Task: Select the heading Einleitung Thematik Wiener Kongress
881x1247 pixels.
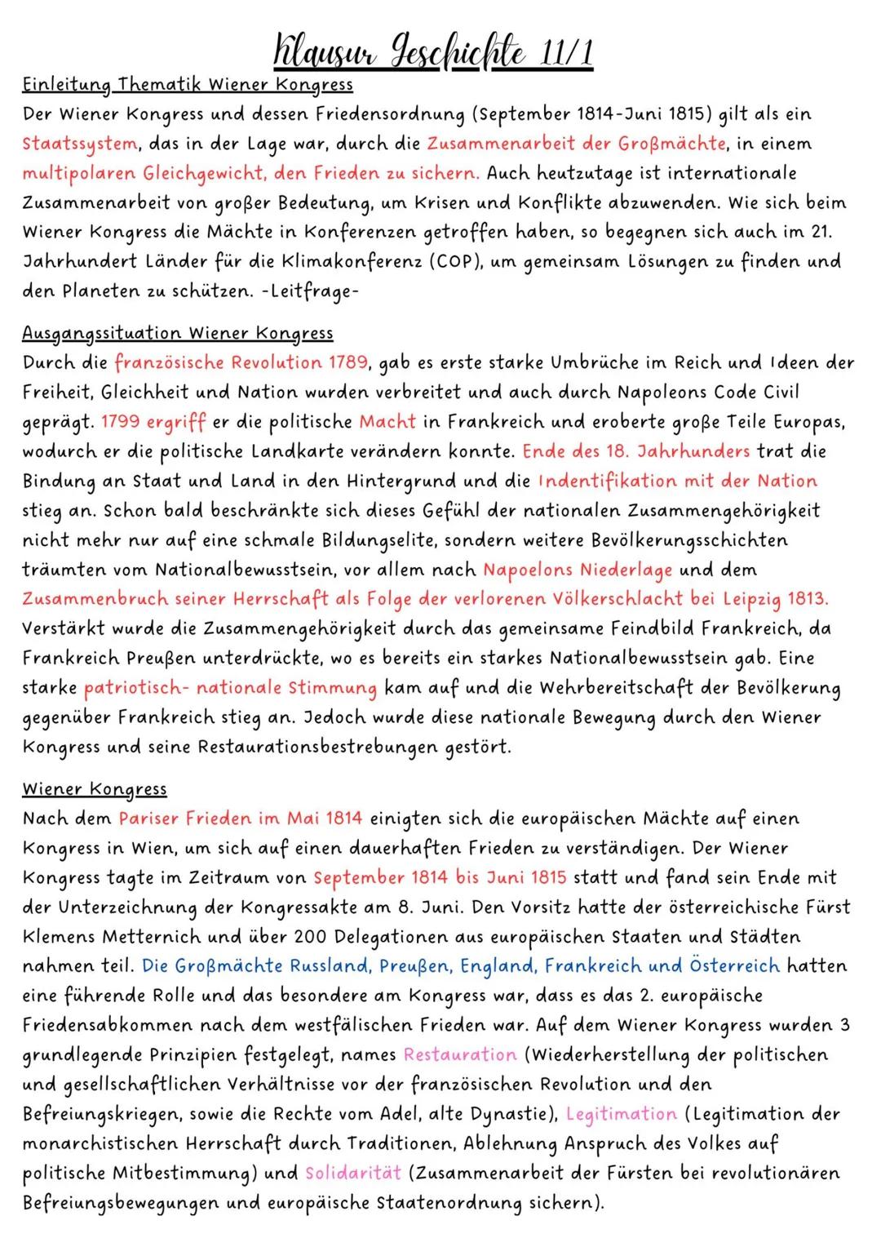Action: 188,84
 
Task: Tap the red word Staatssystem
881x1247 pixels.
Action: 80,144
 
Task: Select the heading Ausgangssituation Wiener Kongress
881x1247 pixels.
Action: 177,333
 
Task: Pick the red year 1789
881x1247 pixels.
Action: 349,362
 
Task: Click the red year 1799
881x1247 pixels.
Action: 120,422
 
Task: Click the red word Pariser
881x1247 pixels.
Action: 149,819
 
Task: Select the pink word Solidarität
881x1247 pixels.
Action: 353,1174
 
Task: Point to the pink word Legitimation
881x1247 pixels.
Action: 621,1114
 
